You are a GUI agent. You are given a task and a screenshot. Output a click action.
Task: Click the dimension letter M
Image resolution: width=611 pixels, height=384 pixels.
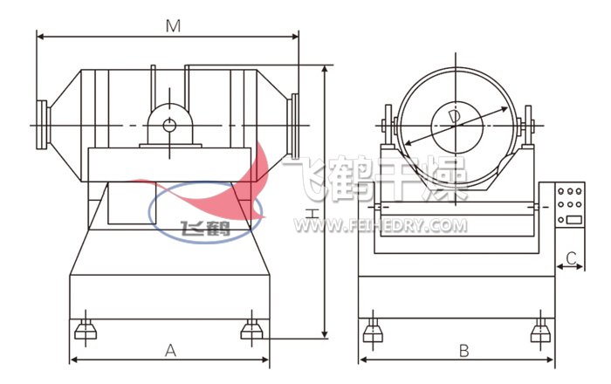tap(173, 25)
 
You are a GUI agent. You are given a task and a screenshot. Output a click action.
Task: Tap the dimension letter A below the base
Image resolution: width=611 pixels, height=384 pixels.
tap(170, 351)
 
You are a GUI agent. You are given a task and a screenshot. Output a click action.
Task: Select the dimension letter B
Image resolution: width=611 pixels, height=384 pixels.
tap(463, 351)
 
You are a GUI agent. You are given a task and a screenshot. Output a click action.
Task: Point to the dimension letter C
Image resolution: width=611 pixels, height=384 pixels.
tap(571, 257)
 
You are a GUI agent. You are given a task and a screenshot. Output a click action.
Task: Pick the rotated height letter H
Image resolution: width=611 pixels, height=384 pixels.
tap(311, 213)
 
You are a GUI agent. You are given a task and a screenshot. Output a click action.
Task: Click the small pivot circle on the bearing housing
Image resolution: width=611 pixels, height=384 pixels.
tap(169, 126)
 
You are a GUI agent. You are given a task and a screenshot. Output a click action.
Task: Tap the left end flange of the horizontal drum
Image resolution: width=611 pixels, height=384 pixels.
tap(41, 125)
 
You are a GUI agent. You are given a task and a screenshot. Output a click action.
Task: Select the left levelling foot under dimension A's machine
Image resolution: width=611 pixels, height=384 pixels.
tap(86, 329)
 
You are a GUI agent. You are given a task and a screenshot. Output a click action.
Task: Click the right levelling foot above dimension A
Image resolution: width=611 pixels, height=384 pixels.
tap(251, 329)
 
